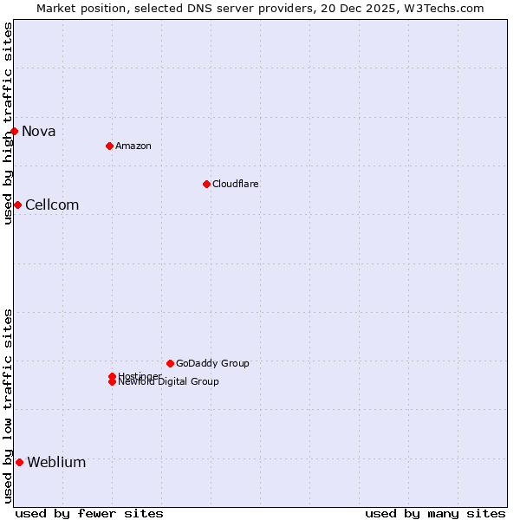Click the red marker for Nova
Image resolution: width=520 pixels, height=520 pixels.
15,131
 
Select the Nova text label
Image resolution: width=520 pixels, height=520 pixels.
39,132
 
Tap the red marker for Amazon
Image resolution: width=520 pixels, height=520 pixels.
109,146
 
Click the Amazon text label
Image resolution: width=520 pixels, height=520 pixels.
133,146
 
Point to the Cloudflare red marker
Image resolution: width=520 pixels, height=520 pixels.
206,184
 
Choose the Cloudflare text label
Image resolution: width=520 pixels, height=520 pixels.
235,184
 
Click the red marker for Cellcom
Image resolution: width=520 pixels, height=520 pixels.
17,205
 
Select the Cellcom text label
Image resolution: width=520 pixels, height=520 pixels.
52,205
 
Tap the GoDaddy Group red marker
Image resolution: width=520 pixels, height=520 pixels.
170,363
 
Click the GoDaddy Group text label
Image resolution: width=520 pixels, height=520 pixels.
212,363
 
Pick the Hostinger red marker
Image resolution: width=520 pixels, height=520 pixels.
112,376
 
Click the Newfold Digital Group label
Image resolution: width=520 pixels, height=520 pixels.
168,381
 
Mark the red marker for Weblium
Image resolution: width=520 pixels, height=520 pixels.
19,462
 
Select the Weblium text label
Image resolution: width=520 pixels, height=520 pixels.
56,463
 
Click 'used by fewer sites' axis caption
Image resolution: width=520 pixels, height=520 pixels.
89,513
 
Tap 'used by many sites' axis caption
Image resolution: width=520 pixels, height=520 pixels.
435,513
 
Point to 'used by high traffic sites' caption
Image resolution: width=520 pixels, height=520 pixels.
8,123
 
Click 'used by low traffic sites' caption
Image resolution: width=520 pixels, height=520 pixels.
8,406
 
